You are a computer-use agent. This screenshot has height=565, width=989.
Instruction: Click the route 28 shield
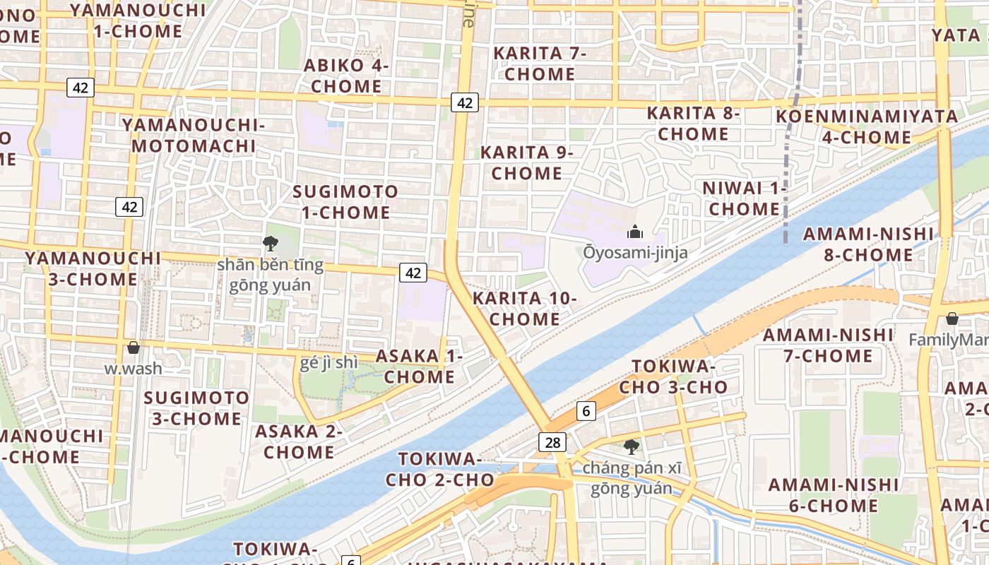point(552,442)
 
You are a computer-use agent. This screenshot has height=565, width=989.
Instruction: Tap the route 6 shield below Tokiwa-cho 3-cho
point(586,410)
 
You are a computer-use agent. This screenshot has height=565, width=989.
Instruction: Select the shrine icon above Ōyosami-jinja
point(635,231)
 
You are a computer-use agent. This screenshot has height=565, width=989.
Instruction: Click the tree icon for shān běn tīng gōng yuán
point(270,244)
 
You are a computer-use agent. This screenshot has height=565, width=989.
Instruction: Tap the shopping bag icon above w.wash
point(134,347)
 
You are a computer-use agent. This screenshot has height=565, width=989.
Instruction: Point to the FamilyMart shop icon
point(952,319)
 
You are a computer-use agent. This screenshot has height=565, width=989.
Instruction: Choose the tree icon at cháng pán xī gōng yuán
point(632,446)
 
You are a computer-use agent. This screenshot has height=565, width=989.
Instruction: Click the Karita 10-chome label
point(525,309)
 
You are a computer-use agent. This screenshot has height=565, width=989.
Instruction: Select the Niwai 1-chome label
point(745,198)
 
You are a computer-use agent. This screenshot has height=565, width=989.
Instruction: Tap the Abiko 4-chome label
point(346,76)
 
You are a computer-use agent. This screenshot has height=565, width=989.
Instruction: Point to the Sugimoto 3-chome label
point(196,408)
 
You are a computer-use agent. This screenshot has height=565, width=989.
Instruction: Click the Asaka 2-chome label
point(299,441)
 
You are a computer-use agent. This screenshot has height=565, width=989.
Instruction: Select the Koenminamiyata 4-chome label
point(867,126)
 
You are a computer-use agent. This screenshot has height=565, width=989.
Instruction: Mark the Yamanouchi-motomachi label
point(193,136)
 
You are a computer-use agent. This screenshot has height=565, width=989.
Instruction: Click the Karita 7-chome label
point(540,64)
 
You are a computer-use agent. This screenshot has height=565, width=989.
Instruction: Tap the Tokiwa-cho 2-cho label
point(439,469)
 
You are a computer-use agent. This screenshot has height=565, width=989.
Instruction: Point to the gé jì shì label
point(330,363)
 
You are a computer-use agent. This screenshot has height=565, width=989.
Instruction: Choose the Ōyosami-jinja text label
point(635,252)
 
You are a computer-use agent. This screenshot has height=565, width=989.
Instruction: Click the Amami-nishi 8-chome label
point(868,244)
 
